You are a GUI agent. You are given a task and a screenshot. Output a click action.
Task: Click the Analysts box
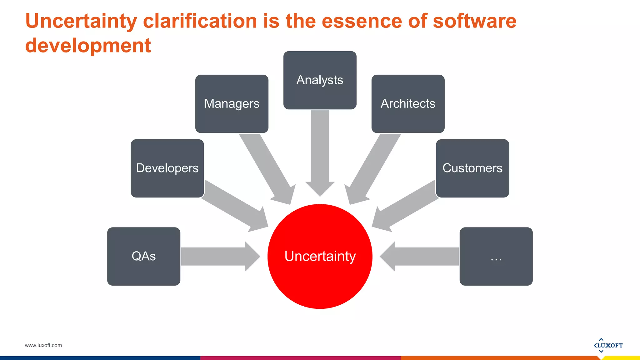tap(320, 80)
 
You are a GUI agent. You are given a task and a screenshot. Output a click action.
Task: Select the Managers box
tap(232, 104)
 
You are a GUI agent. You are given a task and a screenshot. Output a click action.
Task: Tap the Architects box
tap(408, 104)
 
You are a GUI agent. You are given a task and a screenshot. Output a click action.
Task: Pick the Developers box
tap(167, 168)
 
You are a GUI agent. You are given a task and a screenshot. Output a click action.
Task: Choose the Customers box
tap(472, 168)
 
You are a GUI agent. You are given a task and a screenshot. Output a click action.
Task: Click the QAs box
tap(143, 256)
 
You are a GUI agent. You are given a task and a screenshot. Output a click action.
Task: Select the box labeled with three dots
tap(496, 256)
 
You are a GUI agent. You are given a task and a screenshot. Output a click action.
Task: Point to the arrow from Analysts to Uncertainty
tap(320, 153)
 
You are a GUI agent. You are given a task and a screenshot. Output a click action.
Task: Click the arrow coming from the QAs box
tap(219, 256)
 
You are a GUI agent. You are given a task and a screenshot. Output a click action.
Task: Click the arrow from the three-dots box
tap(422, 256)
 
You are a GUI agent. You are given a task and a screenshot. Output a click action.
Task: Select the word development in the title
tap(88, 46)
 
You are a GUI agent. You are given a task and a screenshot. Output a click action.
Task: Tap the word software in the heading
tap(474, 21)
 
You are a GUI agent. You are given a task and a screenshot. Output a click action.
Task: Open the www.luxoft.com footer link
tap(43, 345)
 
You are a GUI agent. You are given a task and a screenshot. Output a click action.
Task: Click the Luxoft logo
tap(608, 345)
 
